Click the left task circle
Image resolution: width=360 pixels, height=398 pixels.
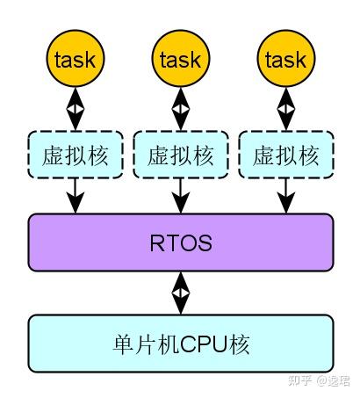tap(76, 58)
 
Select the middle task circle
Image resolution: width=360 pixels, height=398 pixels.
tap(181, 58)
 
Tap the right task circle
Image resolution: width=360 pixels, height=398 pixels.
tap(286, 58)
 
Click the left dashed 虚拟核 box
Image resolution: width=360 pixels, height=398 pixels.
tap(76, 155)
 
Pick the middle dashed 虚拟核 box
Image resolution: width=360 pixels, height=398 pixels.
tap(181, 155)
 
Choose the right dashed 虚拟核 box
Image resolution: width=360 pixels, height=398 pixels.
tap(286, 155)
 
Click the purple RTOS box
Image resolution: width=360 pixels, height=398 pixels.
tap(181, 242)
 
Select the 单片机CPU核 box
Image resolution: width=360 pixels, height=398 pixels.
tap(181, 344)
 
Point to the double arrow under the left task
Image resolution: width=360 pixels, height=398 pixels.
tap(76, 109)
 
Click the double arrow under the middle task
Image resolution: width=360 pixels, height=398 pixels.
tap(181, 109)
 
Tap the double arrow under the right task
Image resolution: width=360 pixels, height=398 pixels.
tap(286, 109)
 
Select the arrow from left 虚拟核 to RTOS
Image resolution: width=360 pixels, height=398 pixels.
tap(76, 196)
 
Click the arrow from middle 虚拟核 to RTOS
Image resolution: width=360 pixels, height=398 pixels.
tap(181, 196)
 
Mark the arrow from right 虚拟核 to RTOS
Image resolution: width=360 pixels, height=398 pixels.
tap(286, 196)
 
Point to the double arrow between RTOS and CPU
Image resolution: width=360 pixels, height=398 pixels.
tap(181, 293)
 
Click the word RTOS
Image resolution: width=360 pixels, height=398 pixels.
tap(181, 242)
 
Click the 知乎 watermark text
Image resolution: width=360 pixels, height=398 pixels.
tap(299, 380)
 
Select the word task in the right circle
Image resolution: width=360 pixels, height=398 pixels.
tap(286, 60)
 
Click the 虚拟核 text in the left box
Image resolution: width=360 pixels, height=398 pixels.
tap(76, 156)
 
